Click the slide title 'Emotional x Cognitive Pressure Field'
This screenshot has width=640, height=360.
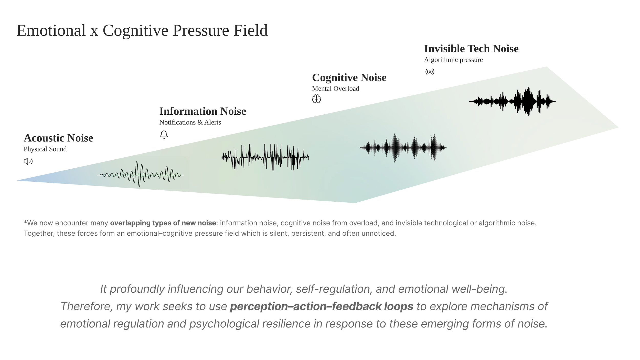coord(142,30)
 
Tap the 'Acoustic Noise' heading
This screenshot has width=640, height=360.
coord(58,138)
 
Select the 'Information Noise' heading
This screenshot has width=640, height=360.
coord(202,111)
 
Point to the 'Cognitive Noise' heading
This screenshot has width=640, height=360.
coord(349,78)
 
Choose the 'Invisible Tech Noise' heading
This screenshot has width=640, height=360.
coord(471,49)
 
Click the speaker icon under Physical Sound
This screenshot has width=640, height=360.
coord(28,161)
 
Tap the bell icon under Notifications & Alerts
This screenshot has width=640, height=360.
coord(164,135)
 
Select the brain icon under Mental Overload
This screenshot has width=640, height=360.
coord(316,99)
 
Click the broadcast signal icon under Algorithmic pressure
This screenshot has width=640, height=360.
coord(430,72)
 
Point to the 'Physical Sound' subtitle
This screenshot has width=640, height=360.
coord(45,149)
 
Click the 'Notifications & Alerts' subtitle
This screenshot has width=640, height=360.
coord(190,122)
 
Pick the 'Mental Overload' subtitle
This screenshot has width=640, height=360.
coord(335,89)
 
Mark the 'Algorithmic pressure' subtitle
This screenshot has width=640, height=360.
coord(453,60)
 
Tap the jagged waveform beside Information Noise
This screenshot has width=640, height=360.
coord(265,157)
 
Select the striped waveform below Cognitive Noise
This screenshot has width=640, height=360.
coord(403,148)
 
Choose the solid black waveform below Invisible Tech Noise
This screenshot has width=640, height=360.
coord(512,101)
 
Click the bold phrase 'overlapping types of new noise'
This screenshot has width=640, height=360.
coord(163,223)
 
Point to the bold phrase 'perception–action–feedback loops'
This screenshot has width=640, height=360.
coord(321,306)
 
